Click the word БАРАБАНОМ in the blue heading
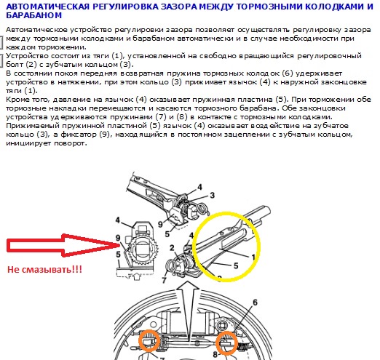click(x=33, y=15)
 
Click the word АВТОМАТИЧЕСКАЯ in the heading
click(x=47, y=7)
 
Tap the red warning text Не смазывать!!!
click(x=44, y=269)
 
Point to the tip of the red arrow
click(x=119, y=245)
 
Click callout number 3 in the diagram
click(x=213, y=195)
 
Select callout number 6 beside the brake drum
click(x=255, y=303)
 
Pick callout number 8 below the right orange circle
click(x=215, y=354)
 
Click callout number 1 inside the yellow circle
click(x=253, y=257)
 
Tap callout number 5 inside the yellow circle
click(x=236, y=265)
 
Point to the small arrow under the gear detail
click(x=137, y=276)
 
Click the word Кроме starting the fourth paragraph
click(x=15, y=100)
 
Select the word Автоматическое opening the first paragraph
click(x=36, y=30)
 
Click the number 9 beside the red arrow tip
click(x=118, y=238)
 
